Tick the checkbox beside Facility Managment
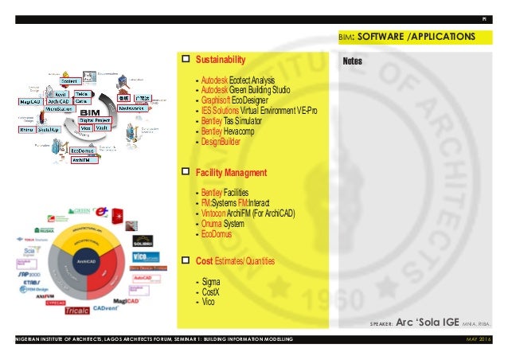(x=186, y=172)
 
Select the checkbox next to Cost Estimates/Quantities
(x=186, y=260)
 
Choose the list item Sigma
(x=212, y=282)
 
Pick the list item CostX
(x=212, y=292)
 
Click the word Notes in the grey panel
(x=354, y=61)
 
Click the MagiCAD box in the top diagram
(x=31, y=102)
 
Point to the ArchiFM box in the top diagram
(x=80, y=159)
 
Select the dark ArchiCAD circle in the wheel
(x=87, y=260)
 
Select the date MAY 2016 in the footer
(x=479, y=341)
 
